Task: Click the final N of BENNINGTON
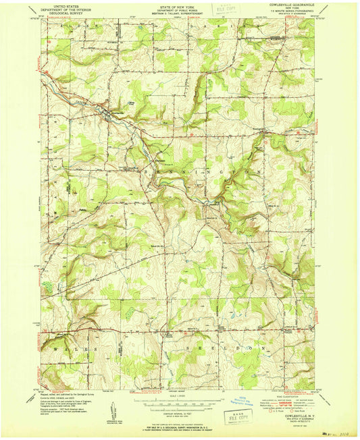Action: tap(259, 172)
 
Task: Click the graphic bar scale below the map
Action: tap(179, 402)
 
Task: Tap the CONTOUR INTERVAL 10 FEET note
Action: tap(179, 410)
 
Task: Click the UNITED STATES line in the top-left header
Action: tap(66, 5)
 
